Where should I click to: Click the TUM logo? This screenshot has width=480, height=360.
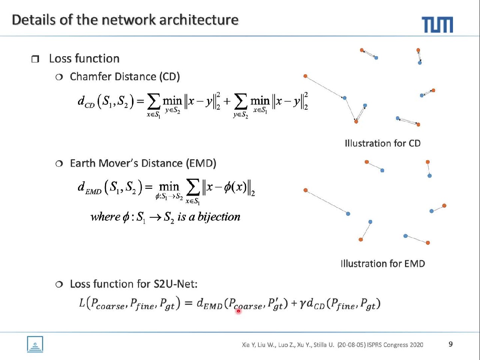pyautogui.click(x=437, y=24)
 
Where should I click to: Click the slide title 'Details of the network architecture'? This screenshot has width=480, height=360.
pyautogui.click(x=125, y=19)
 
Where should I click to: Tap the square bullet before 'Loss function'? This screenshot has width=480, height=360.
pyautogui.click(x=35, y=59)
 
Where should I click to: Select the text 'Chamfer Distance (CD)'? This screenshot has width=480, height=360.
pyautogui.click(x=125, y=76)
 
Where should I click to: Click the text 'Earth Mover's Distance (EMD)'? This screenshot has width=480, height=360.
pyautogui.click(x=143, y=163)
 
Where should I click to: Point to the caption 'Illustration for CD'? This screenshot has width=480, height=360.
pyautogui.click(x=382, y=143)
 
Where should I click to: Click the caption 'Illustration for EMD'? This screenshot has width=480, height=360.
pyautogui.click(x=382, y=263)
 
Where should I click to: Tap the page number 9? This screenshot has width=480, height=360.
pyautogui.click(x=450, y=344)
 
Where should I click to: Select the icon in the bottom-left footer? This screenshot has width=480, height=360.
pyautogui.click(x=35, y=344)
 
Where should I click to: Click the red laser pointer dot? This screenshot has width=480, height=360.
pyautogui.click(x=238, y=311)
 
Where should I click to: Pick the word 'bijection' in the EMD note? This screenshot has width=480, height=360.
pyautogui.click(x=219, y=217)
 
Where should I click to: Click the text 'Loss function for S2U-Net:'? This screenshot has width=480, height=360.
pyautogui.click(x=133, y=284)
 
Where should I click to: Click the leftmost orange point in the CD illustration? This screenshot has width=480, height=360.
pyautogui.click(x=305, y=76)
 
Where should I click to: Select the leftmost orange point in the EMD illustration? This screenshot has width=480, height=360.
pyautogui.click(x=305, y=190)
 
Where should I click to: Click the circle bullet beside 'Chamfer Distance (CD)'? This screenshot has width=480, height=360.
pyautogui.click(x=59, y=77)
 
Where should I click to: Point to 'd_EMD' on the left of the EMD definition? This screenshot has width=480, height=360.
pyautogui.click(x=89, y=188)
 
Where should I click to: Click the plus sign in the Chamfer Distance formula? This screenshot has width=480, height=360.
pyautogui.click(x=227, y=102)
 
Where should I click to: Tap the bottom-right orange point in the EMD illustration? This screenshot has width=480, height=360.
pyautogui.click(x=428, y=243)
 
